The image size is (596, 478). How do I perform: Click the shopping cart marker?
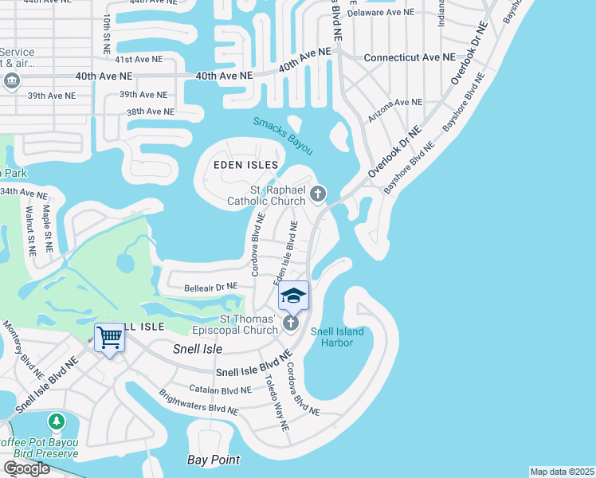point(109,337)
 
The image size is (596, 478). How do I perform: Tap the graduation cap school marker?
point(293,296)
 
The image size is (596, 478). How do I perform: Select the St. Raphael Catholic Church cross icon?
point(318,193)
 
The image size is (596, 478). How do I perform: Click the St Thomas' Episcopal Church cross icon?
point(291,323)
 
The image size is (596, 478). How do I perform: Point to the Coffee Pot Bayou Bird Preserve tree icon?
point(57,420)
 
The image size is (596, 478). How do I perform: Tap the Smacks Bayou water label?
point(283,135)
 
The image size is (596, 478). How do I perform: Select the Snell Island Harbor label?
point(337,337)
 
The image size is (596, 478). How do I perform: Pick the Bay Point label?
point(214,460)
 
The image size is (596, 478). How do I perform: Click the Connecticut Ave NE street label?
point(410,58)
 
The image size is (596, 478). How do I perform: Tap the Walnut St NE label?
point(29,231)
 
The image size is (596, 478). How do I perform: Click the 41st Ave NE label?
point(135,60)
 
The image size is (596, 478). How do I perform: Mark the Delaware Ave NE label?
point(381,12)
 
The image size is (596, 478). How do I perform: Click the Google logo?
point(26,468)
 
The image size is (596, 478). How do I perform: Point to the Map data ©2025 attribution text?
point(562,472)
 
